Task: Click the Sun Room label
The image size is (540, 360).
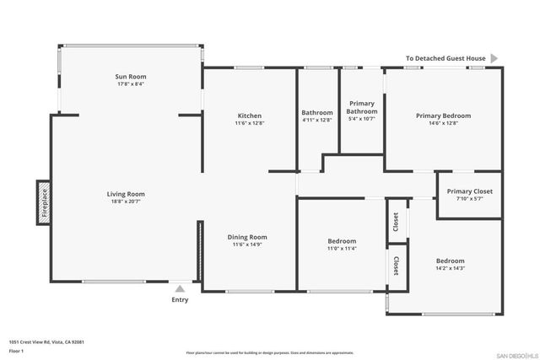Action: coord(131,77)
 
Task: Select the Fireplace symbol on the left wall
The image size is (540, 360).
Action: coord(43,203)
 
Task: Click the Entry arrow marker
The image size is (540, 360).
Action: coord(179,289)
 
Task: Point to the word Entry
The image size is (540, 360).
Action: coord(180,300)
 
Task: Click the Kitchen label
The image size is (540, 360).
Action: coord(249,116)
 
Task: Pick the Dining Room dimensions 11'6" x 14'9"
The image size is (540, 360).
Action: coord(247,245)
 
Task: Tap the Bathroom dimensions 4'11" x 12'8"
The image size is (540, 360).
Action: coord(317,121)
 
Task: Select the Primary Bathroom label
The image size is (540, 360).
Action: coord(362,107)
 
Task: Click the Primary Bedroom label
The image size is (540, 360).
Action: coord(443,116)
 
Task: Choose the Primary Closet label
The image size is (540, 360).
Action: coord(469,191)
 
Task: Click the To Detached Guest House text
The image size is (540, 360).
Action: coord(445,59)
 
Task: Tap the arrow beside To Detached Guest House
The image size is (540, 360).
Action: coord(494,58)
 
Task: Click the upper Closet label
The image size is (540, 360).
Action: coord(396,222)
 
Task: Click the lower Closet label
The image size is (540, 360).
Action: coord(396,266)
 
